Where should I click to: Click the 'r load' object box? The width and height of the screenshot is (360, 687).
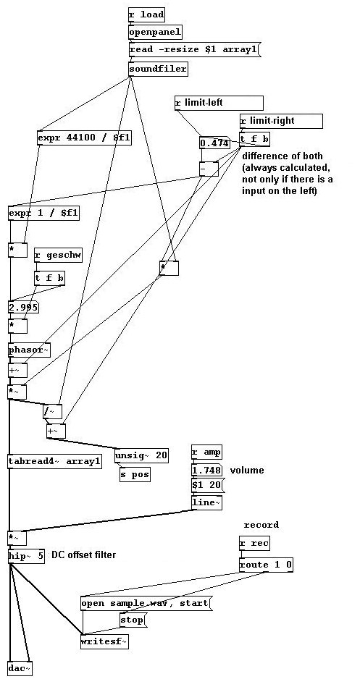[146, 14]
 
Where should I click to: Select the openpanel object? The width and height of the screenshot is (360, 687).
[155, 32]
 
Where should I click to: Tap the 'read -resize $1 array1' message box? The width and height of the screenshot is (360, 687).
[194, 49]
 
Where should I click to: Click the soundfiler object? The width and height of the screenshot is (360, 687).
[158, 69]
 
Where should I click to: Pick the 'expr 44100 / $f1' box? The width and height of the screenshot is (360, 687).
[84, 138]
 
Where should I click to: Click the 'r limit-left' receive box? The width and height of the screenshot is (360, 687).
[219, 103]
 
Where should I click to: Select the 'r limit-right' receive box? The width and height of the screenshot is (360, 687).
[280, 121]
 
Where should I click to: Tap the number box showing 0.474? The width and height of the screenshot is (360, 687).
[214, 143]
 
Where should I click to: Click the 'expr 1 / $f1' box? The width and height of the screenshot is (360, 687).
[44, 214]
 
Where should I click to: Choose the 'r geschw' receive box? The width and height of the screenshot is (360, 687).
[58, 256]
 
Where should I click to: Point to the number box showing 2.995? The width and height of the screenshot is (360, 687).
[23, 307]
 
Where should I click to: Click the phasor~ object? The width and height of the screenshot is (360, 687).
[30, 350]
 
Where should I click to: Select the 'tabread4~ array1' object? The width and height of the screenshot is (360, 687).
[55, 461]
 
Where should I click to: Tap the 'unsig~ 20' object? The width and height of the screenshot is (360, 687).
[141, 455]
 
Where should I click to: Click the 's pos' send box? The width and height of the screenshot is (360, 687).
[135, 474]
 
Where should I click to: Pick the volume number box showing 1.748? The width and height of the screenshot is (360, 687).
[207, 470]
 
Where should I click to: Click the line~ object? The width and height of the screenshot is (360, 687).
[206, 502]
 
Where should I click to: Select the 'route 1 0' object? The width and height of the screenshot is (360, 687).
[266, 565]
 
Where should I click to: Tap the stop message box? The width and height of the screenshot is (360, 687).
[133, 620]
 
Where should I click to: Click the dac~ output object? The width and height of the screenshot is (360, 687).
[20, 669]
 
